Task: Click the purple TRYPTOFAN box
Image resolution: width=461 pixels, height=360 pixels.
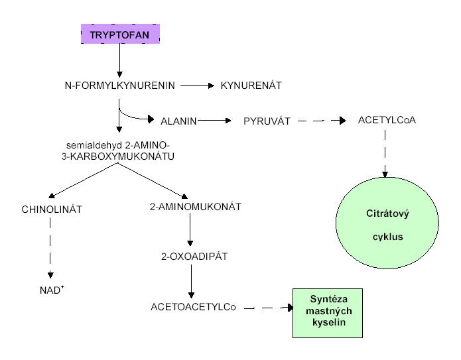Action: [120, 34]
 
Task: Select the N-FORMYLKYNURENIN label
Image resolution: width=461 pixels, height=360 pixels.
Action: [119, 86]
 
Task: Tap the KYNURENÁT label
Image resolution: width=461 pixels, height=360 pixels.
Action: [251, 86]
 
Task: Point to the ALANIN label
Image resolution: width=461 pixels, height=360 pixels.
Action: [178, 121]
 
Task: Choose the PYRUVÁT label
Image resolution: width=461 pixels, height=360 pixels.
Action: [265, 121]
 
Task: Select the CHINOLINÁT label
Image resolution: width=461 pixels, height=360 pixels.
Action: [51, 210]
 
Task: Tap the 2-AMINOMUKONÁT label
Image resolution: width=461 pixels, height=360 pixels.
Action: [191, 207]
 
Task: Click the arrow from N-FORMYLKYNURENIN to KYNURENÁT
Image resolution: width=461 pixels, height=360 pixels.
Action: [196, 86]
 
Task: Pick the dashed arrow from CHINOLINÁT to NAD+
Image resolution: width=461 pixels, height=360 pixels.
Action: [50, 249]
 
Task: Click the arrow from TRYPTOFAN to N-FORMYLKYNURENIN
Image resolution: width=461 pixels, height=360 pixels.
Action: [119, 60]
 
